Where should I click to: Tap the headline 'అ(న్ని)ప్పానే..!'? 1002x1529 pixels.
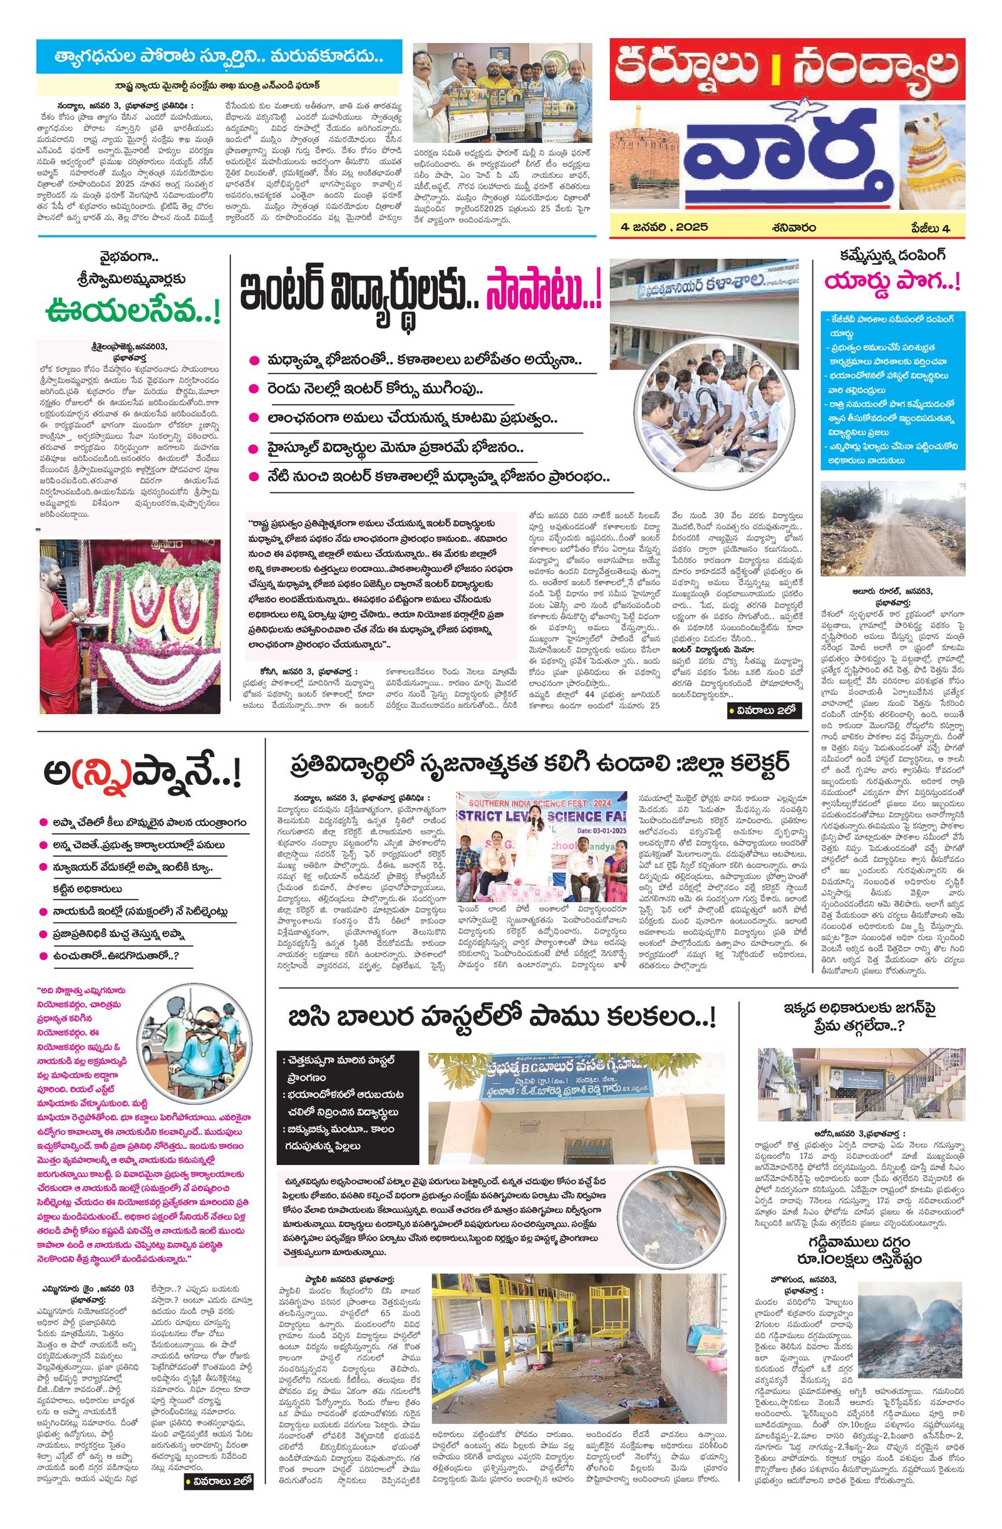(143, 775)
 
